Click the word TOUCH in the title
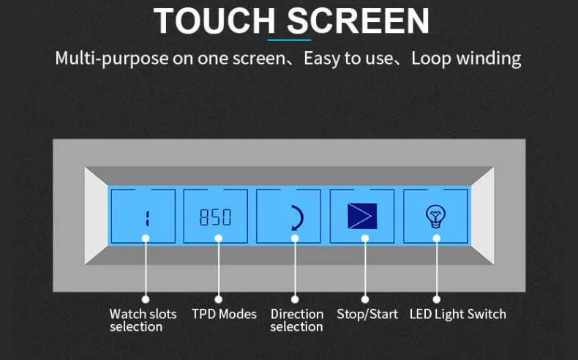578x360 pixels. click(214, 20)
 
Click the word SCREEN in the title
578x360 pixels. click(359, 20)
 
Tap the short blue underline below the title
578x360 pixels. click(290, 40)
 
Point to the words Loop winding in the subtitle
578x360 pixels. click(466, 59)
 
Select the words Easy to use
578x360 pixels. click(348, 59)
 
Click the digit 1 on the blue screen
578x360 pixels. click(147, 218)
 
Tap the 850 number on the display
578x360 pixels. click(215, 217)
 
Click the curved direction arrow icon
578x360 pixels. click(299, 218)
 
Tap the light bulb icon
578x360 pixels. click(436, 217)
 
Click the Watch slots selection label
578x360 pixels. click(143, 320)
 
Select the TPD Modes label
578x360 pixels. click(224, 314)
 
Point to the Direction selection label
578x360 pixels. click(297, 320)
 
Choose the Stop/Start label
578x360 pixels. click(367, 314)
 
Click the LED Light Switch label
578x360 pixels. click(458, 314)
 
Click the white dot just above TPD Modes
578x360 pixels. click(218, 299)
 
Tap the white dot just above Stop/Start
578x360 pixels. click(365, 299)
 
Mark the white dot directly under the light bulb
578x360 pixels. click(437, 239)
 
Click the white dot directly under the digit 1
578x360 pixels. click(146, 239)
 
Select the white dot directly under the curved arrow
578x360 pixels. click(295, 239)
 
